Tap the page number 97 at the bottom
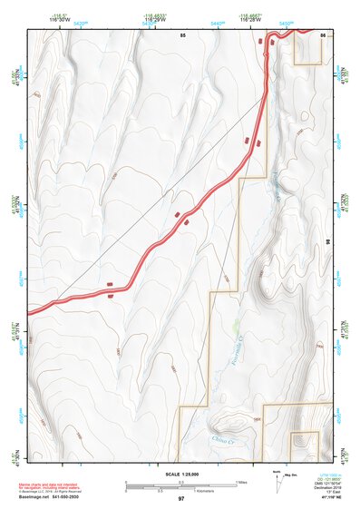coord(180,499)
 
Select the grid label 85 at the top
coord(182,34)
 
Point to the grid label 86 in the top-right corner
coord(323,34)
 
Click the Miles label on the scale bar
coord(241,481)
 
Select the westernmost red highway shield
coord(110,284)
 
